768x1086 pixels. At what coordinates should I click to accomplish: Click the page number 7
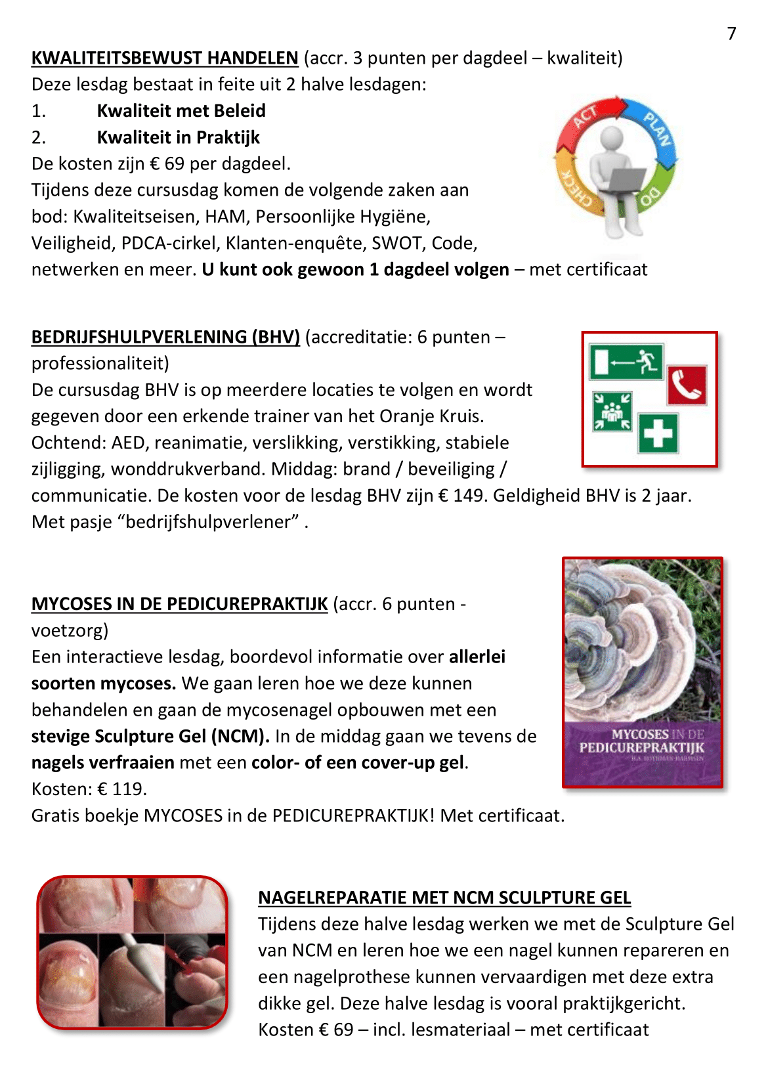[731, 33]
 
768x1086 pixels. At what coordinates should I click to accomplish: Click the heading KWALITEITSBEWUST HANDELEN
[165, 58]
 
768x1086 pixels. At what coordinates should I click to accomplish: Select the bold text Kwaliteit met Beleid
[181, 111]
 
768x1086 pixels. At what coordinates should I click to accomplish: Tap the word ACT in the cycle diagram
[584, 117]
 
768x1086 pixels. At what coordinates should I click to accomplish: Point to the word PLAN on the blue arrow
[657, 129]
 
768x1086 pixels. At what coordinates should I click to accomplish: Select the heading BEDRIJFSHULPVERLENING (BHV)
[165, 337]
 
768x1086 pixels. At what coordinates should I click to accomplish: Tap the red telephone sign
[687, 385]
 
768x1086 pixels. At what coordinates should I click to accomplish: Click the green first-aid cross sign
[658, 434]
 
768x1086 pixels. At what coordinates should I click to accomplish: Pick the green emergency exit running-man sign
[626, 362]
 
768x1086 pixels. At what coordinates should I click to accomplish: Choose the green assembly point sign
[612, 412]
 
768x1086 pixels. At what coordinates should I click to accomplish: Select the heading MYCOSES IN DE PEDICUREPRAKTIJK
[179, 604]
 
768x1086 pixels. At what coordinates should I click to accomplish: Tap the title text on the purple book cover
[641, 741]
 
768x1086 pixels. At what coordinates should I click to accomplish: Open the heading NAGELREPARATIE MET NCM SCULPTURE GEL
[444, 898]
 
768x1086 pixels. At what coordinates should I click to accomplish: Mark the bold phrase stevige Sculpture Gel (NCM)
[150, 737]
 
